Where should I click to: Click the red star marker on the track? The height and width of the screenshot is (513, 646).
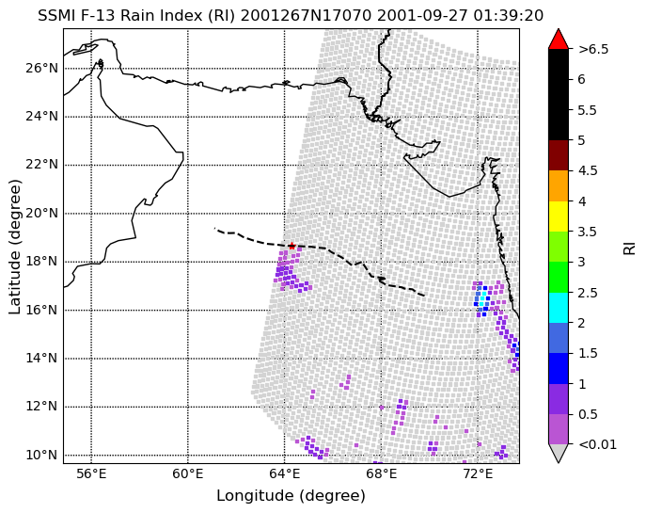click(x=291, y=246)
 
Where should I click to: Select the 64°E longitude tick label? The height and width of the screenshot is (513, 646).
click(x=284, y=473)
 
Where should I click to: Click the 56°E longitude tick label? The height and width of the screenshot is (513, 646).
click(x=91, y=473)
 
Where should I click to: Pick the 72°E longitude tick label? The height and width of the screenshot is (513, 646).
click(x=478, y=473)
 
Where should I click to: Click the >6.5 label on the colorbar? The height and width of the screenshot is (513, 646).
click(x=593, y=50)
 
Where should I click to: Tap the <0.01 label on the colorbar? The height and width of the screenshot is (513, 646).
click(x=598, y=444)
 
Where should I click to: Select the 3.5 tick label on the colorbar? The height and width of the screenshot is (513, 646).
click(x=588, y=232)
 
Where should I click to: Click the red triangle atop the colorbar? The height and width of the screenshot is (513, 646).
click(x=559, y=39)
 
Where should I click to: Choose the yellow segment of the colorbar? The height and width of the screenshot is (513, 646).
click(x=559, y=216)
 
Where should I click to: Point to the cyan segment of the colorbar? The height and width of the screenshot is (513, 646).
click(x=559, y=308)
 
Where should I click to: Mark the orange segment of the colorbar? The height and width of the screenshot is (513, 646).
click(x=559, y=186)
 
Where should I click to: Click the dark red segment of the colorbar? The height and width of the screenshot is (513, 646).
click(x=559, y=155)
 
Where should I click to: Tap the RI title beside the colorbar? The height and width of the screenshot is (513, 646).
click(x=630, y=248)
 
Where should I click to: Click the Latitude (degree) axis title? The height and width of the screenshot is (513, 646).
click(x=14, y=247)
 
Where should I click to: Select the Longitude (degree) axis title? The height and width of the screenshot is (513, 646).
click(x=291, y=496)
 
